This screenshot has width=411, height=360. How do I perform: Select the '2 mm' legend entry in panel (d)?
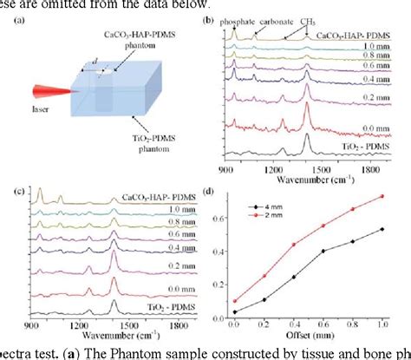pos(276,219)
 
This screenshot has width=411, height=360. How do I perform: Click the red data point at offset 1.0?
pos(382,196)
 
